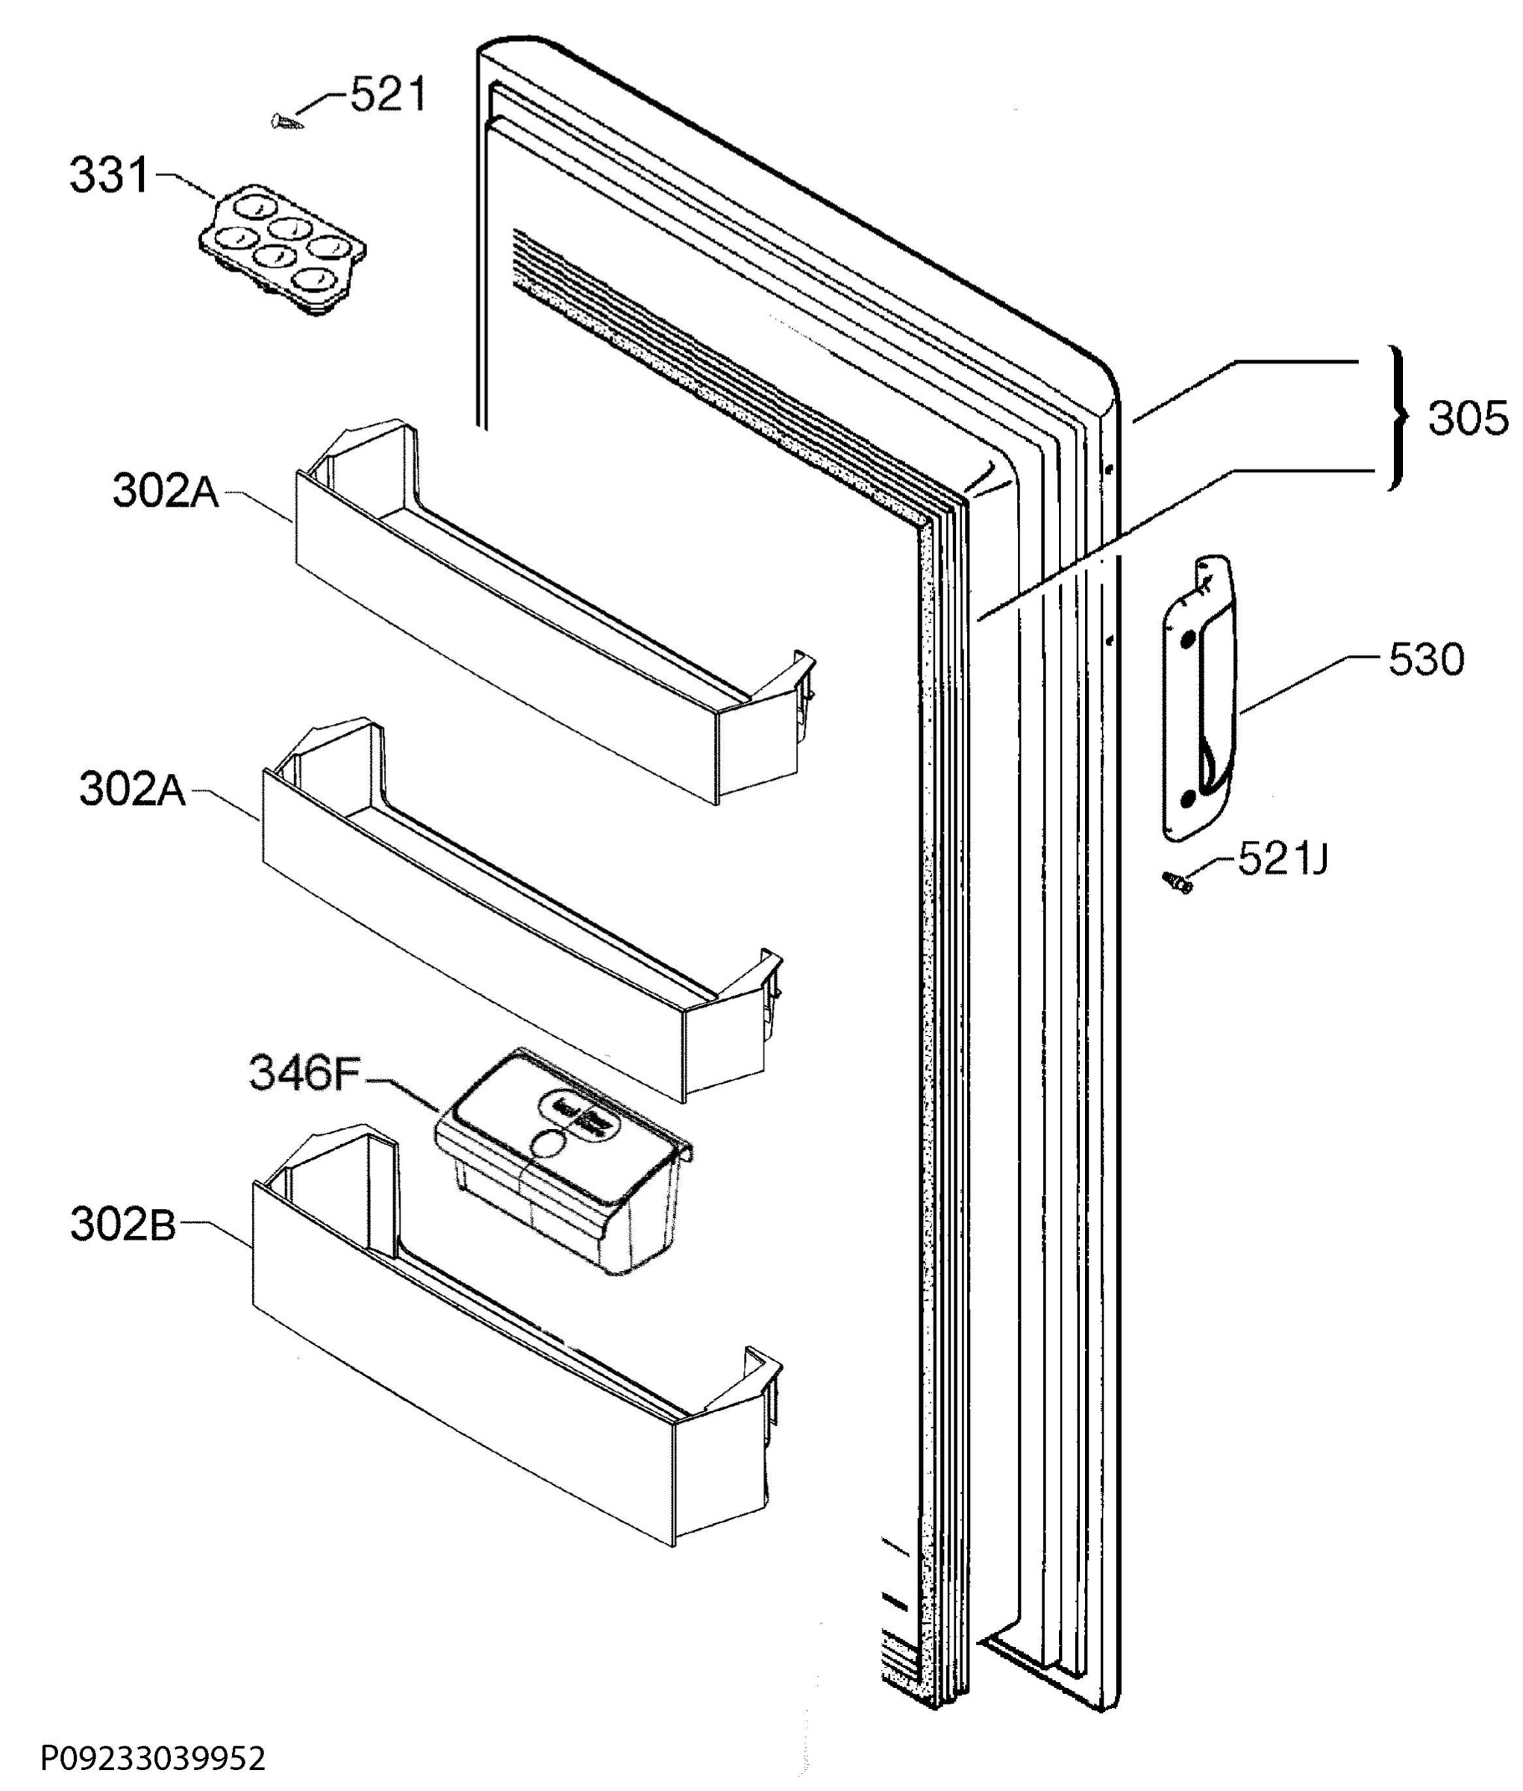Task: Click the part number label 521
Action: (388, 94)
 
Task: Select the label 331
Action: (109, 175)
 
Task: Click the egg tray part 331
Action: (282, 251)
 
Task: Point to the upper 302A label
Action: (166, 491)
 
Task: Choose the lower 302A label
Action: (133, 789)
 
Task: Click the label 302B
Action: (122, 1225)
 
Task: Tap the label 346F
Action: (303, 1073)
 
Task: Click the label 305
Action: (1468, 419)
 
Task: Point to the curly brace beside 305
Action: (1396, 418)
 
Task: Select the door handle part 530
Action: (1198, 699)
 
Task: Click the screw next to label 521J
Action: (1178, 881)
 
